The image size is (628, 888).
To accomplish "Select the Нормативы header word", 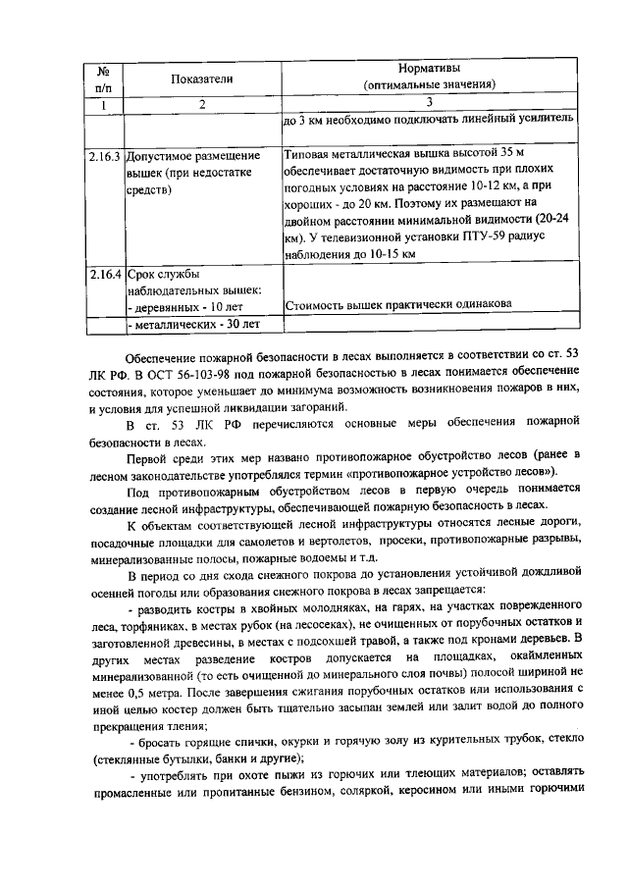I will pyautogui.click(x=429, y=70).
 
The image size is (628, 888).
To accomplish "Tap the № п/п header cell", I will pyautogui.click(x=102, y=78).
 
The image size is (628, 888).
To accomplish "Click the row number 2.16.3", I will pyautogui.click(x=102, y=156).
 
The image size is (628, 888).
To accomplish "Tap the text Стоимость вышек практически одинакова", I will pyautogui.click(x=397, y=304).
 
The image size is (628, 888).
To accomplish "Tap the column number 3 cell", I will pyautogui.click(x=429, y=104).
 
